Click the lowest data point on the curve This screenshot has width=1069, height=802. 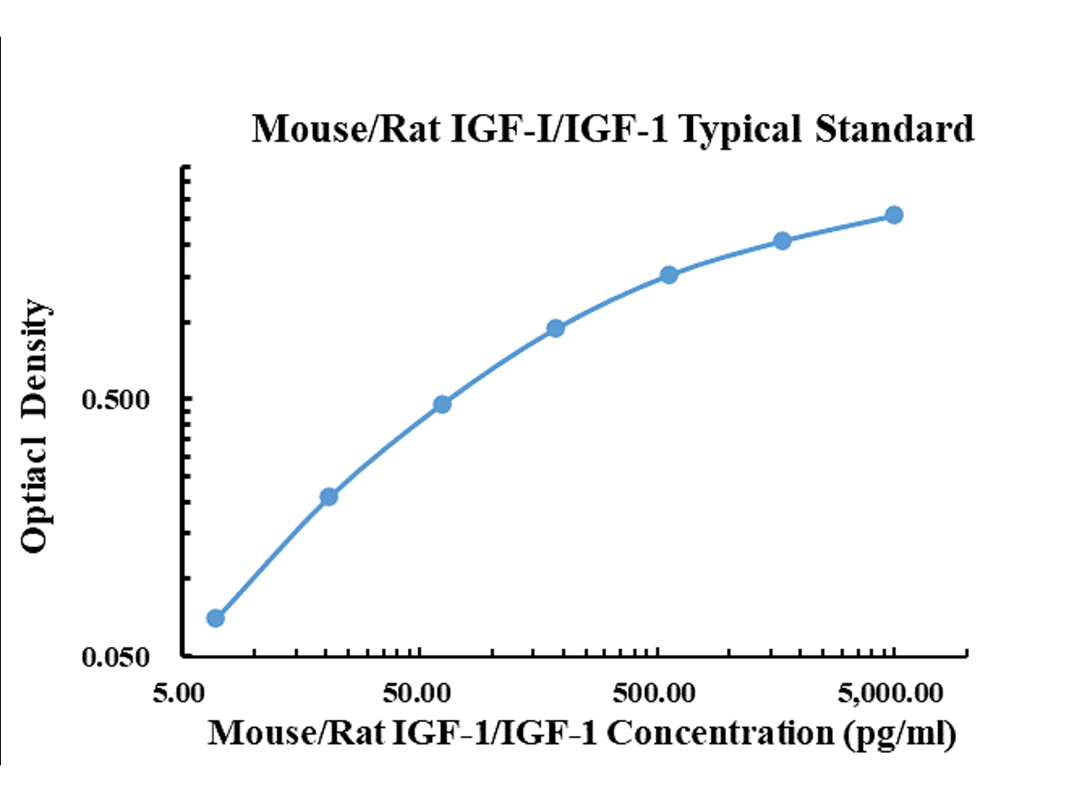coord(216,618)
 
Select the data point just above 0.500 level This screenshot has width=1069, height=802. coord(442,405)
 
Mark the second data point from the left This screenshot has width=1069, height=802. coord(329,496)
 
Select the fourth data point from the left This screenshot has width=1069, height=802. coord(555,328)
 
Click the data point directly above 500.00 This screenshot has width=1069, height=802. coord(669,274)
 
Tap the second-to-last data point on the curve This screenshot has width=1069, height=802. coord(782,241)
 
